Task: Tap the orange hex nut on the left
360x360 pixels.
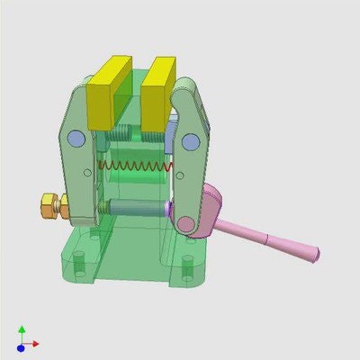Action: click(52, 206)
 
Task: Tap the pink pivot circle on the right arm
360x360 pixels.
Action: click(185, 223)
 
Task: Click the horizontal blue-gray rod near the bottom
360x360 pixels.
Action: click(135, 208)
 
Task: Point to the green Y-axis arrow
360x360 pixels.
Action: click(21, 332)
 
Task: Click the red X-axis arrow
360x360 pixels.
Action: click(33, 344)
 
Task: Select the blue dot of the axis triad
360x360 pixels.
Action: click(21, 346)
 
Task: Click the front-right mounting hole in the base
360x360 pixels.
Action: click(187, 267)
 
